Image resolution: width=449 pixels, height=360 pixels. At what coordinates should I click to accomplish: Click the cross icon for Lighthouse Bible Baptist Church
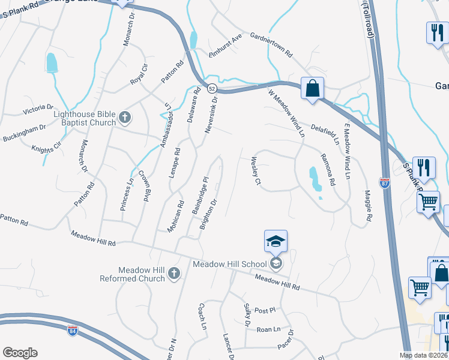(124, 118)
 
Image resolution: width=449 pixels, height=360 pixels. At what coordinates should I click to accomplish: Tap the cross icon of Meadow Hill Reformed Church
(173, 274)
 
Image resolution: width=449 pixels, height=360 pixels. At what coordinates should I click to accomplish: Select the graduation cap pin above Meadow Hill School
(276, 241)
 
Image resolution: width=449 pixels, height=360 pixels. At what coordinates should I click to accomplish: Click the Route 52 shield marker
(212, 88)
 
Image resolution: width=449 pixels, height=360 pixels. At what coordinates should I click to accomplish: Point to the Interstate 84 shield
(73, 330)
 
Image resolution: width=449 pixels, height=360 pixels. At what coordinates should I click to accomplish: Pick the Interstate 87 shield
(385, 182)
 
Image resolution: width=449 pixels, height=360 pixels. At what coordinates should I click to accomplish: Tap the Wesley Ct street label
(256, 170)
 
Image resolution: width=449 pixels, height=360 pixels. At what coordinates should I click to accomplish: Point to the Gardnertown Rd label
(271, 45)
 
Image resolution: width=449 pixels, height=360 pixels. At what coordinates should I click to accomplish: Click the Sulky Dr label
(247, 315)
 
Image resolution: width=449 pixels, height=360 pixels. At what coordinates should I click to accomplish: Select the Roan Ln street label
(268, 329)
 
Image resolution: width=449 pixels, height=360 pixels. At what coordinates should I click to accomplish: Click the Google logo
(20, 352)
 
